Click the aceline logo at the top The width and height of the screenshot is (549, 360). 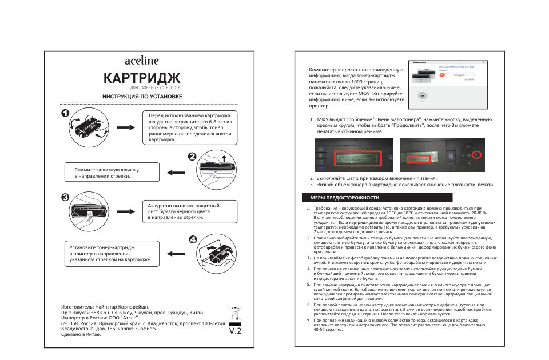[x=142, y=61]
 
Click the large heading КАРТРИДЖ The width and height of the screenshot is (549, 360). [x=142, y=78]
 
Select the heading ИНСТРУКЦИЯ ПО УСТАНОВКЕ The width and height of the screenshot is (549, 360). [x=142, y=97]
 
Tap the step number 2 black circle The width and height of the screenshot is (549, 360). [x=192, y=156]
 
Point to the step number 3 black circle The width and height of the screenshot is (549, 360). [x=66, y=197]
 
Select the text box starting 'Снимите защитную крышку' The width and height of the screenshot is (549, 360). [x=108, y=173]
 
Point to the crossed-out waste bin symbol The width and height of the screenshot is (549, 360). [x=235, y=314]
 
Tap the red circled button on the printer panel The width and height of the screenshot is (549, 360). [x=478, y=154]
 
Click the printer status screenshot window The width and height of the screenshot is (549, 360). [x=447, y=85]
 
